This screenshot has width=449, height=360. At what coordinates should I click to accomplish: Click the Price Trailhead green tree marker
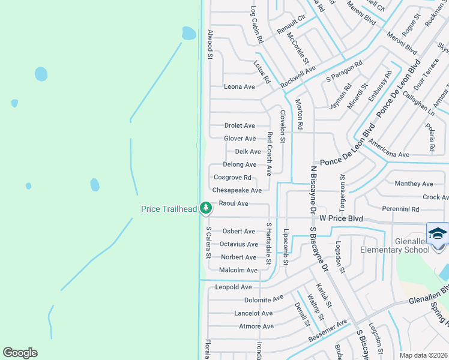(206, 208)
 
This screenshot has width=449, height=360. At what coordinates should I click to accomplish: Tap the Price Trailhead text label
(169, 209)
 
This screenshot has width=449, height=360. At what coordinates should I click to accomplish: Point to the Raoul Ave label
(234, 203)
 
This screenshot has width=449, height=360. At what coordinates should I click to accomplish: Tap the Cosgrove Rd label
(232, 178)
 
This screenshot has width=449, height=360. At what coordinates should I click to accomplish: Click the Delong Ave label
(240, 164)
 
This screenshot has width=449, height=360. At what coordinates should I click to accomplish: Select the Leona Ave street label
(240, 86)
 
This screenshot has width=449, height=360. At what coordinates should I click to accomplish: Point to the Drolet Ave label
(240, 125)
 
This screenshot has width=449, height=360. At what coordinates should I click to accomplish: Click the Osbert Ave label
(239, 231)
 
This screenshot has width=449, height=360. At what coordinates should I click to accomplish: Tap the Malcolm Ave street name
(238, 270)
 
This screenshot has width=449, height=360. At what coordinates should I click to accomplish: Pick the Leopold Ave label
(234, 287)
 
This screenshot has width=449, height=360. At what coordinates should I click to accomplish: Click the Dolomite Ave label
(264, 299)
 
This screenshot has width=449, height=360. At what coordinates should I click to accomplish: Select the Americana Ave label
(389, 149)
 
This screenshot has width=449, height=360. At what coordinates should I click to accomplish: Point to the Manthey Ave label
(414, 184)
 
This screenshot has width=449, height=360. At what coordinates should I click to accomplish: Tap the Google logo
(20, 353)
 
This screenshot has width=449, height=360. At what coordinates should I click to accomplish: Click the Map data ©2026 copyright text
(424, 355)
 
